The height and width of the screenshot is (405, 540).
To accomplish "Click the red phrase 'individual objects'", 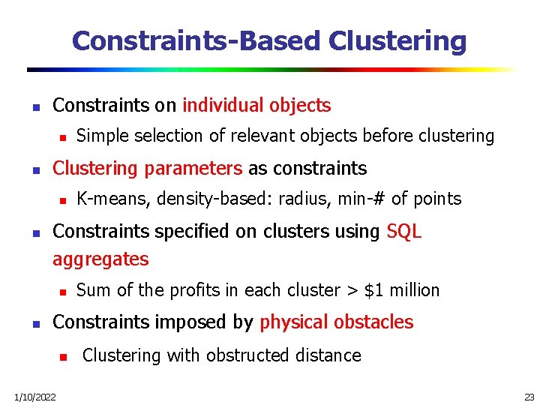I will pos(256,106).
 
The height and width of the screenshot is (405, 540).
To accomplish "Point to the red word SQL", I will pos(404,232).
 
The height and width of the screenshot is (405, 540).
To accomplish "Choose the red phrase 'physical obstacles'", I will pos(336,322).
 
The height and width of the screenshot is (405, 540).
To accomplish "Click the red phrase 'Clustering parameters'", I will pos(148,168).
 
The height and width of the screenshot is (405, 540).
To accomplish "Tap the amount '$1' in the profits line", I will pos(373,290).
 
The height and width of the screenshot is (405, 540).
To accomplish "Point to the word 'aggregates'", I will pos(100,260).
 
